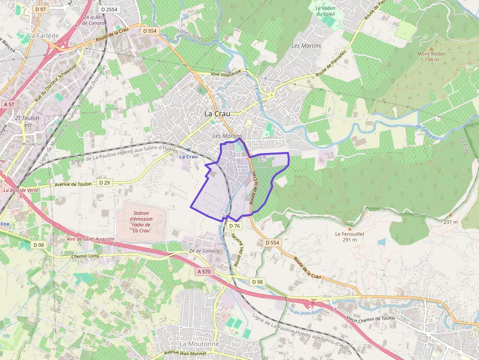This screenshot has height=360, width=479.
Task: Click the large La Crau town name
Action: tap(217, 114)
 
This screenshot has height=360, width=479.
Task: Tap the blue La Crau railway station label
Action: tap(188, 156)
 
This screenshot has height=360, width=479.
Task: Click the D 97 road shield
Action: tap(40, 9)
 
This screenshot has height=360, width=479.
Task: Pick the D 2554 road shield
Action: tap(108, 9)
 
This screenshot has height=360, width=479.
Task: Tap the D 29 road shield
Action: tap(104, 183)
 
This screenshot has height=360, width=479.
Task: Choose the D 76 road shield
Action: tap(234, 226)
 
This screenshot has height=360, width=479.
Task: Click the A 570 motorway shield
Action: tap(204, 272)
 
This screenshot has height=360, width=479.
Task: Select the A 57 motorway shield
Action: tap(9, 105)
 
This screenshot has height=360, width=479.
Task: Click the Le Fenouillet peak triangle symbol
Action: tap(350, 228)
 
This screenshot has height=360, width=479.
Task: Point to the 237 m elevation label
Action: tap(451, 222)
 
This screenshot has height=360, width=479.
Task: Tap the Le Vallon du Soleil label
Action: tap(325, 11)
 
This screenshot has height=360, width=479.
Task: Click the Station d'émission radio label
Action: tap(141, 222)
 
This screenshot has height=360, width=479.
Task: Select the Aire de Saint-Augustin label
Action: tap(90, 239)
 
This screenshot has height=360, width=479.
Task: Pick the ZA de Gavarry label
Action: tap(202, 252)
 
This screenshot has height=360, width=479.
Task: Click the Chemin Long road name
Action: tap(85, 255)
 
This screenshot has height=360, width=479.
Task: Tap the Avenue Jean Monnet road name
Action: tap(185, 352)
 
